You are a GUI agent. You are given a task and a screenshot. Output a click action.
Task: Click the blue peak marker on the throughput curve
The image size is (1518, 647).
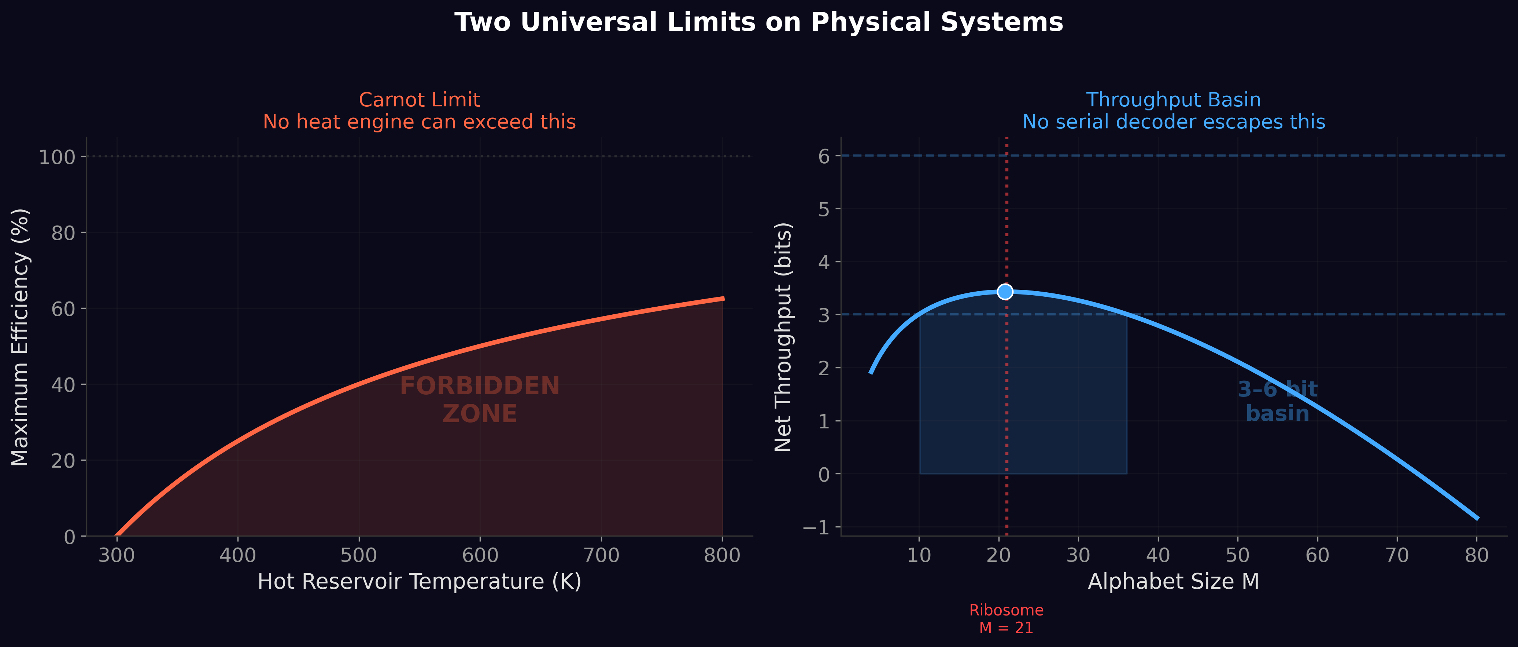point(1005,291)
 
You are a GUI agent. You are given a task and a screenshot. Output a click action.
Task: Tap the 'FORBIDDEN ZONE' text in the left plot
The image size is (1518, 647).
point(480,399)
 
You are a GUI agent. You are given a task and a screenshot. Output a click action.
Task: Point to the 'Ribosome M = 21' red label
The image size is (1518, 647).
point(1006,619)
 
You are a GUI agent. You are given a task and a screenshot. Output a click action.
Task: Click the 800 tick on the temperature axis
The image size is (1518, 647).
point(723,556)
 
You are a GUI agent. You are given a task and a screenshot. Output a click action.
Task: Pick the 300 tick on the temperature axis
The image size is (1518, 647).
point(117,556)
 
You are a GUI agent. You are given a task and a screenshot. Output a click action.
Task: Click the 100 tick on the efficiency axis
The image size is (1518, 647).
point(57,157)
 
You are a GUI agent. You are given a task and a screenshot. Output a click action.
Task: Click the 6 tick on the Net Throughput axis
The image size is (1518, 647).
point(824,156)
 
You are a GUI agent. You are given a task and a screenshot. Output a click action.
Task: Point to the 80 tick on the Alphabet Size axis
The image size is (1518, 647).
point(1477,556)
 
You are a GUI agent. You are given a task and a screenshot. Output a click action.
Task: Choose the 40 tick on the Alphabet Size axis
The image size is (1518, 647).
point(1158,556)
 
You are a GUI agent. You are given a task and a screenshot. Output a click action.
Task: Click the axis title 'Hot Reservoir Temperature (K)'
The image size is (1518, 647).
point(420,582)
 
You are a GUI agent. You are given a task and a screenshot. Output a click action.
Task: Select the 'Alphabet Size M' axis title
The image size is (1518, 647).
point(1173,582)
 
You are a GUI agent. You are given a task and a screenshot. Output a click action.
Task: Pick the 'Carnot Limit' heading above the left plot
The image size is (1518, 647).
point(419,100)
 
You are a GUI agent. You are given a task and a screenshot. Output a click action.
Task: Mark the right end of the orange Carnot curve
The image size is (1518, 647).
point(723,299)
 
